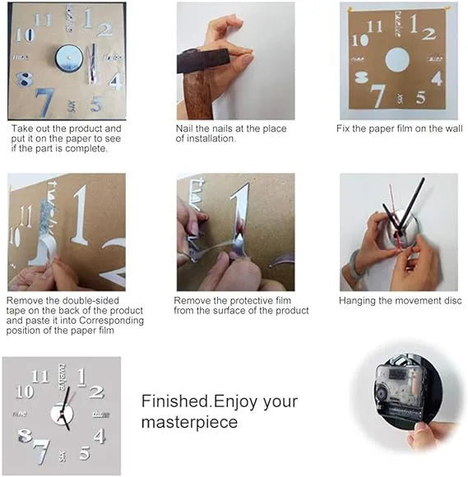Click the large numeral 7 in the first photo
(x=44, y=102)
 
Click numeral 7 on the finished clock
(x=40, y=452)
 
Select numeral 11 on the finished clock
(x=39, y=377)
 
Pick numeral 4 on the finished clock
(x=100, y=436)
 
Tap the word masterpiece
(x=189, y=422)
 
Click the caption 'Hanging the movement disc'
(x=400, y=301)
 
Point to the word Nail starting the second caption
(x=184, y=129)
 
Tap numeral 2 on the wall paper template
(x=428, y=34)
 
